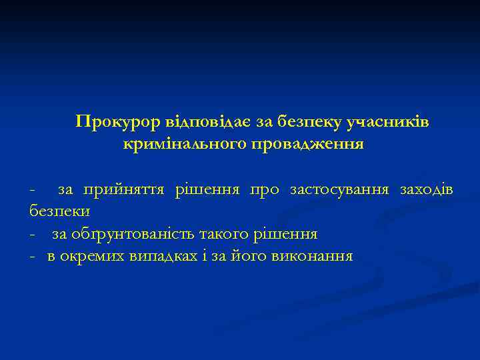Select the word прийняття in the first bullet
pos(123,191)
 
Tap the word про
pos(265,191)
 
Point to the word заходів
pos(427,191)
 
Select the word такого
pos(216,234)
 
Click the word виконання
pos(313,256)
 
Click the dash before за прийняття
pos(32,191)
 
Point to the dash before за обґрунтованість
pos(32,235)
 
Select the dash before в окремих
pos(32,257)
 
